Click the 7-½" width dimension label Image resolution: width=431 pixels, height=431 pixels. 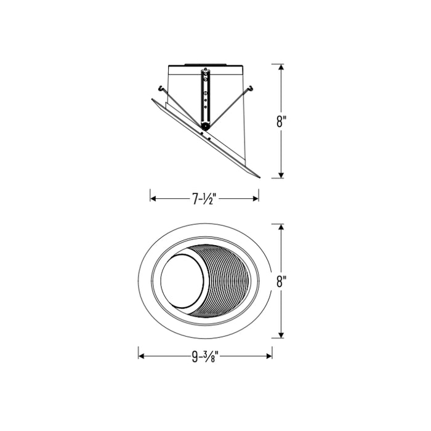pyautogui.click(x=204, y=198)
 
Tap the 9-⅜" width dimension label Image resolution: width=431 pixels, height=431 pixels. pyautogui.click(x=205, y=355)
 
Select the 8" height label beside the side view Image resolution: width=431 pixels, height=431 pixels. pyautogui.click(x=281, y=121)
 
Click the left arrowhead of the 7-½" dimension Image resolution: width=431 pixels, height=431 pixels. pyautogui.click(x=153, y=198)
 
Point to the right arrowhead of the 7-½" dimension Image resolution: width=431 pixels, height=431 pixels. pyautogui.click(x=256, y=198)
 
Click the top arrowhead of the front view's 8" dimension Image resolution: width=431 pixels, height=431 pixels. pyautogui.click(x=281, y=227)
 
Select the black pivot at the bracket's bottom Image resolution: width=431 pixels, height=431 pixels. pyautogui.click(x=204, y=126)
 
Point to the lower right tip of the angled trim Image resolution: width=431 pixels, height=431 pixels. pyautogui.click(x=259, y=177)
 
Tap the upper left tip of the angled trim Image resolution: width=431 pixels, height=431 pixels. pyautogui.click(x=152, y=99)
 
